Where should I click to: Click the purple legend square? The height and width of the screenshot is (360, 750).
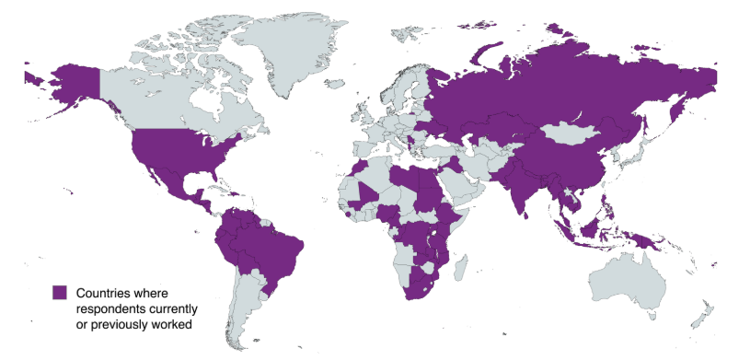tap(60, 292)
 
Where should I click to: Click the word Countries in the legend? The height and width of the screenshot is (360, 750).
tap(104, 292)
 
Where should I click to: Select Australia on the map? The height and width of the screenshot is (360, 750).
tap(635, 281)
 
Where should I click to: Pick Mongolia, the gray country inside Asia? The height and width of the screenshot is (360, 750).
tap(575, 134)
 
